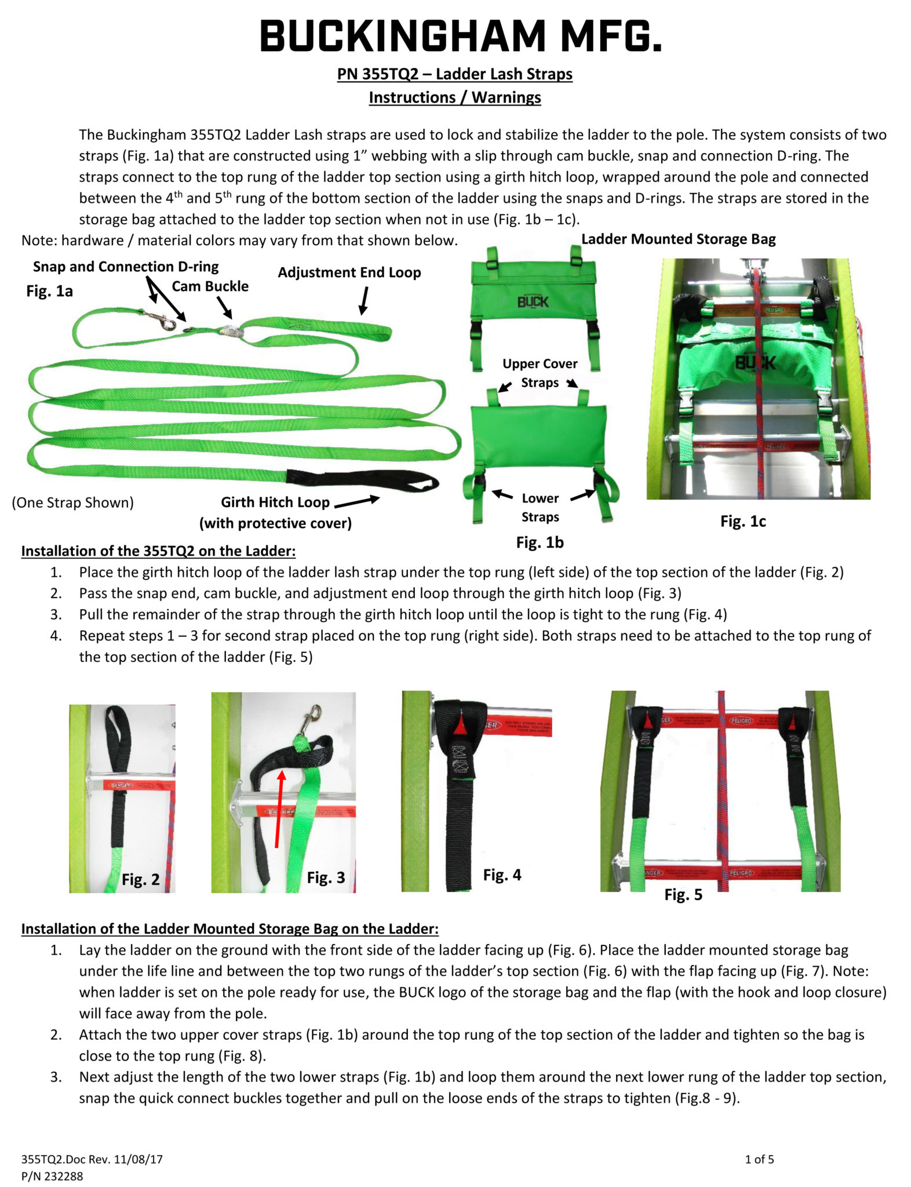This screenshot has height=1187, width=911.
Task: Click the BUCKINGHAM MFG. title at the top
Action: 460,36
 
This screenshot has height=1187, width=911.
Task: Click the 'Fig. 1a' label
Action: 49,291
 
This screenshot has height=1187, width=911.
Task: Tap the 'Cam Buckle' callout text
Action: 210,286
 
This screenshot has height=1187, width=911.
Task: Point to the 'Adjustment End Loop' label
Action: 349,272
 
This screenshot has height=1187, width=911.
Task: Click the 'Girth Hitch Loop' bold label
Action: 275,502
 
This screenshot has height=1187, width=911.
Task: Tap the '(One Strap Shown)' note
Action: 72,503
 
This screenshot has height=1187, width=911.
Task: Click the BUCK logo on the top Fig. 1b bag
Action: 533,301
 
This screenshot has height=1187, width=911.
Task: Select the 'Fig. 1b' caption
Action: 540,542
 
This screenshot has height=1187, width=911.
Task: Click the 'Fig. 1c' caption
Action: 742,522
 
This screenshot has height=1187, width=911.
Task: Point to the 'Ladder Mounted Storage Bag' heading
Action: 678,239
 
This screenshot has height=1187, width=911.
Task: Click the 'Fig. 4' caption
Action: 502,875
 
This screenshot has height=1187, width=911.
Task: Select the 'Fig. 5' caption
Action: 683,895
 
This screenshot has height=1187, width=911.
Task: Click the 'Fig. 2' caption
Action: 140,880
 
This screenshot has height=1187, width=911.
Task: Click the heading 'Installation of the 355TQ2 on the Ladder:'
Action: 158,551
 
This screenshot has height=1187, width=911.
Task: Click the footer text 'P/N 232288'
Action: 52,1177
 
